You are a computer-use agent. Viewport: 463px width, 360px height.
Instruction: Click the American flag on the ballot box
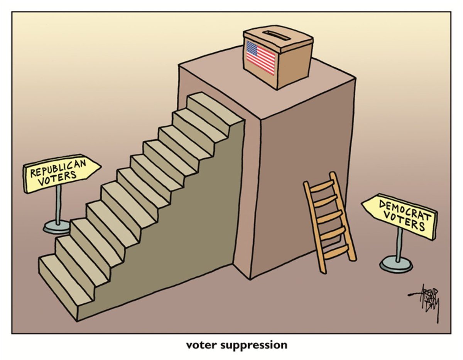pyautogui.click(x=260, y=57)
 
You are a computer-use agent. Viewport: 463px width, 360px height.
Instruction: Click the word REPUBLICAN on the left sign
pyautogui.click(x=59, y=168)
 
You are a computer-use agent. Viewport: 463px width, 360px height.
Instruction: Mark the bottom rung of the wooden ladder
pyautogui.click(x=337, y=254)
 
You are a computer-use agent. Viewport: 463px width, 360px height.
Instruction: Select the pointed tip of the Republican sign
pyautogui.click(x=100, y=167)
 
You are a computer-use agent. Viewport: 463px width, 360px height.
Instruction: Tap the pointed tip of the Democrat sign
pyautogui.click(x=363, y=204)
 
